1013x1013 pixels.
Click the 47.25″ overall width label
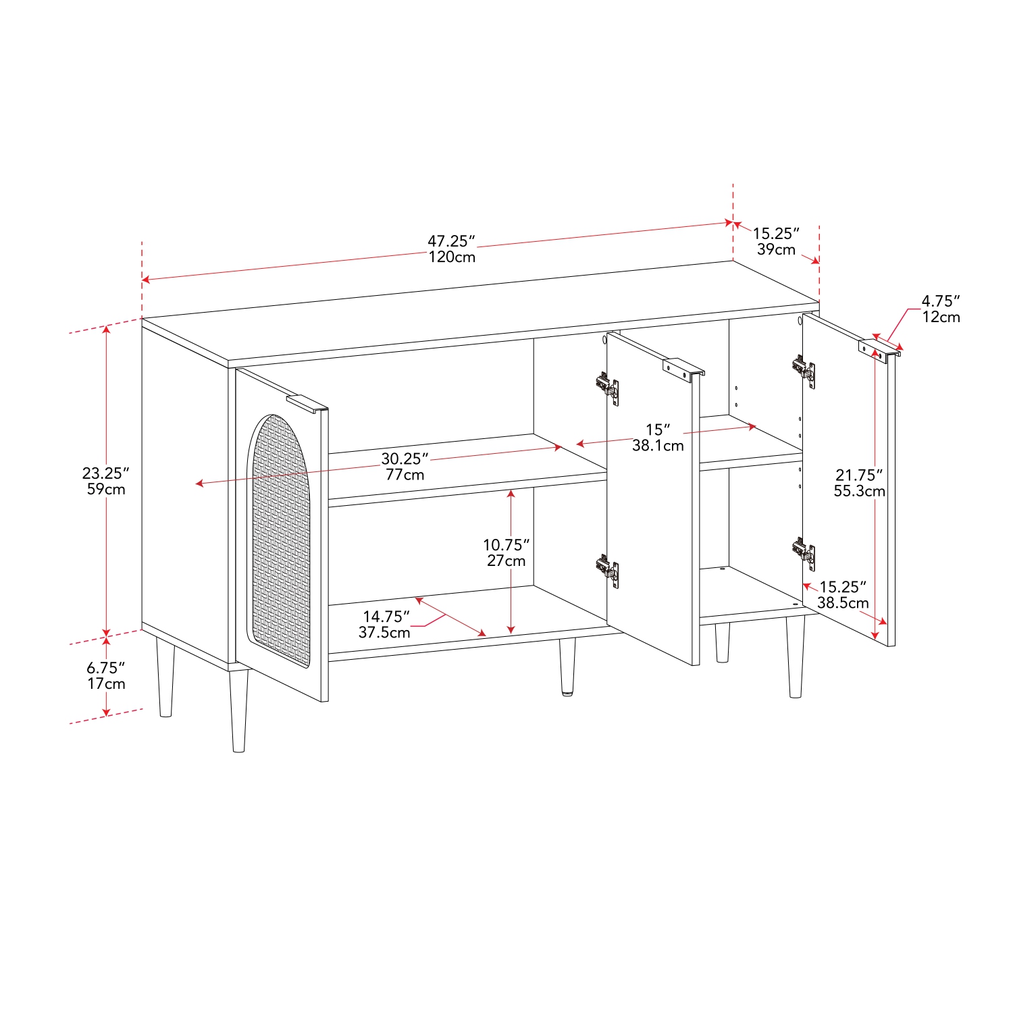451,241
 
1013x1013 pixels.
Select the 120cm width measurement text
451,257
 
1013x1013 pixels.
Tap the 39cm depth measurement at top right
776,250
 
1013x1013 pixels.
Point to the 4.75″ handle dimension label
941,301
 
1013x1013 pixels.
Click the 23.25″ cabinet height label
105,473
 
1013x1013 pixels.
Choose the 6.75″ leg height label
105,668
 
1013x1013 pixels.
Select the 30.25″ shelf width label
405,459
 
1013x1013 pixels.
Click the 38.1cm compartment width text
658,446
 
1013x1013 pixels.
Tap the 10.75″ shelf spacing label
506,544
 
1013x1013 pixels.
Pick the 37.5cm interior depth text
384,633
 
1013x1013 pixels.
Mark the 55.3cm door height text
859,492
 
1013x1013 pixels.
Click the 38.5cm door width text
843,603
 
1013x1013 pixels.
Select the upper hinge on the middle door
607,388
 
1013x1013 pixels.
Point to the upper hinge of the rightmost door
804,371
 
